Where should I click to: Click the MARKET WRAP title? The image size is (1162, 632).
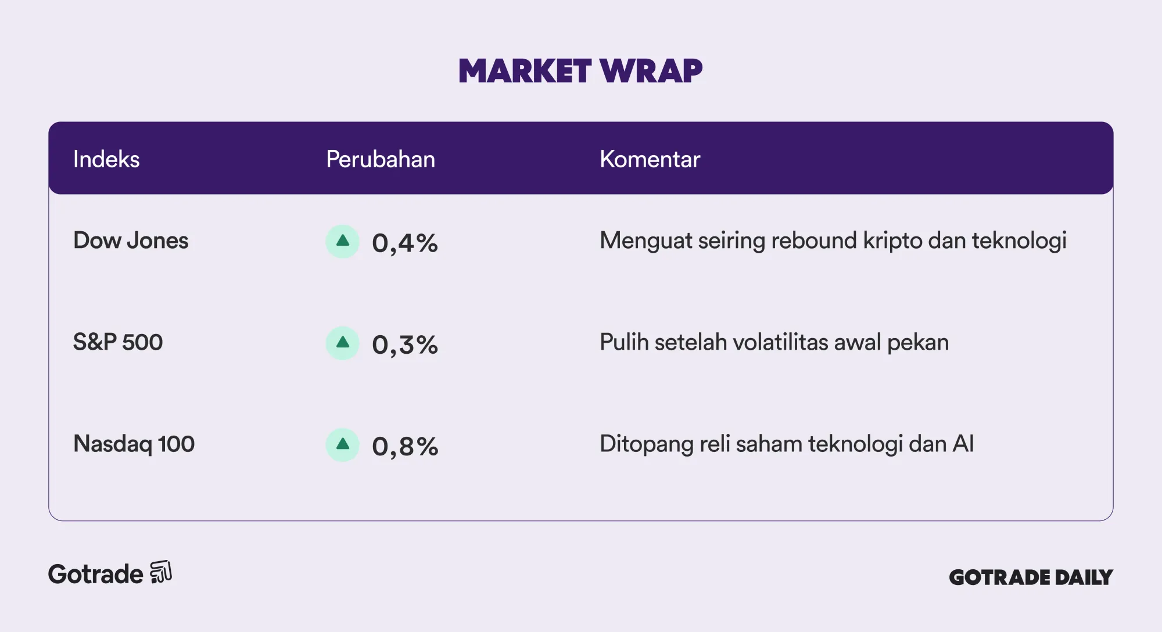[580, 71]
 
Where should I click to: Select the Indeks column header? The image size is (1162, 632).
[106, 159]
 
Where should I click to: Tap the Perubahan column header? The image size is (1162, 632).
[381, 159]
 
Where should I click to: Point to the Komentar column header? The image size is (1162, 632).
[650, 159]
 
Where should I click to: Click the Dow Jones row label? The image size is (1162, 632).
[131, 240]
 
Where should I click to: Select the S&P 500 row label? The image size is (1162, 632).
[118, 342]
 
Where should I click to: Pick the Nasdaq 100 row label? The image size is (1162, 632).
[134, 444]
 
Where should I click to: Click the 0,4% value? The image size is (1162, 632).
[405, 243]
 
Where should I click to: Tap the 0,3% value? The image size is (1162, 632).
[405, 344]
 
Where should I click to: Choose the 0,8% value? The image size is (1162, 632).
[405, 446]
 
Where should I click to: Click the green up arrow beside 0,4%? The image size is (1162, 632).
[343, 241]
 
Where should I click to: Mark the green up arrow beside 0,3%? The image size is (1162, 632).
[343, 343]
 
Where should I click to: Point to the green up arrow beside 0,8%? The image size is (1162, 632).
[343, 445]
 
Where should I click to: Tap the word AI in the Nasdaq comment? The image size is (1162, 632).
[963, 444]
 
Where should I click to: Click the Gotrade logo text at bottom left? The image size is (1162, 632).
[95, 574]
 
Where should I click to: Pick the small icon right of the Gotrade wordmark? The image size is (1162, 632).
[161, 572]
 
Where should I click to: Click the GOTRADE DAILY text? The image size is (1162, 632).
[1031, 577]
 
